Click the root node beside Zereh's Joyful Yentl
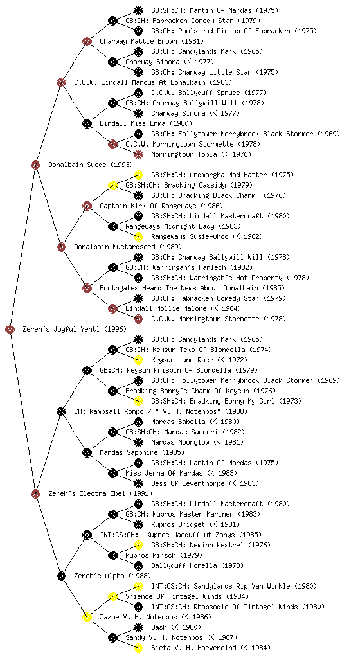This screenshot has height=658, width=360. point(10,329)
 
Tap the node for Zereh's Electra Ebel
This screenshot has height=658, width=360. point(35,493)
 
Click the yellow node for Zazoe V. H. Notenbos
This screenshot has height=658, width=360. point(87,617)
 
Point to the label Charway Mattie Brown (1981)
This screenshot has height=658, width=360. point(152,41)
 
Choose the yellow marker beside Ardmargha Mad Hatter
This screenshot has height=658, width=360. point(138,175)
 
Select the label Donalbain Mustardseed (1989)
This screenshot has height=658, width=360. point(128,247)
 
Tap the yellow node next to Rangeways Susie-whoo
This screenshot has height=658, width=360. point(138,236)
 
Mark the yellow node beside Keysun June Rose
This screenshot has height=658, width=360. point(138,360)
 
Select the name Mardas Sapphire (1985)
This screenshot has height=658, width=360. point(142,452)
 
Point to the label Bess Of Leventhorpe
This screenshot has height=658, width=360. point(188,483)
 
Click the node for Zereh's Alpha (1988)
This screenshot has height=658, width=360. point(61,576)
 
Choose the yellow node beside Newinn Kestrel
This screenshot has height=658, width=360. point(138,545)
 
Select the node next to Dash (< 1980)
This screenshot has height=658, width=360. point(138,627)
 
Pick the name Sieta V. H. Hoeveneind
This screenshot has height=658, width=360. point(194,648)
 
